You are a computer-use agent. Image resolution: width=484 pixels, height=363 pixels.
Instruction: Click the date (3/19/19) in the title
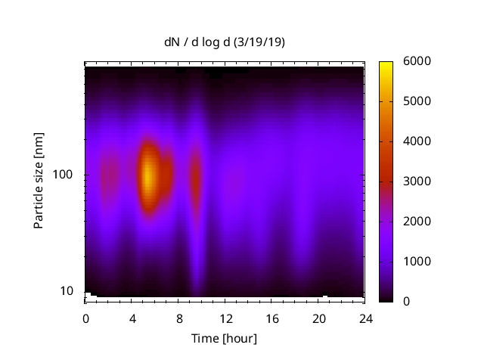point(259,42)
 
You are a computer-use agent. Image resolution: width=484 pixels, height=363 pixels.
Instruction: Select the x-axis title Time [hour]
point(224,338)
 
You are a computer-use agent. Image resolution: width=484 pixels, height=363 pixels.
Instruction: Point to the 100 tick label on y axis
point(62,175)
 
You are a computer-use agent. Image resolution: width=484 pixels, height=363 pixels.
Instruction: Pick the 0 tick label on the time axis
point(85,318)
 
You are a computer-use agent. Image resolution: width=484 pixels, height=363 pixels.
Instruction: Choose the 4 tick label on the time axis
point(132,318)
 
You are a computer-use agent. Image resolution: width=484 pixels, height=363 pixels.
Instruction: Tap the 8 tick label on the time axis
point(178,318)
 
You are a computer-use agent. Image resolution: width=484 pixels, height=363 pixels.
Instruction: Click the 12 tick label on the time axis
point(225,318)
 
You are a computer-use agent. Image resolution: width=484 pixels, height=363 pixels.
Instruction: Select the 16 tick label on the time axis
point(272,318)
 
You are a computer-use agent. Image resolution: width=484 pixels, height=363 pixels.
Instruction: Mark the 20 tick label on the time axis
point(318,318)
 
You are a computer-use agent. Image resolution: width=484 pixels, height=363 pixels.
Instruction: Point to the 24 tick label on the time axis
point(365,318)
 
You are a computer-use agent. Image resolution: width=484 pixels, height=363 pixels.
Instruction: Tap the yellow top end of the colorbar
point(386,65)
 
